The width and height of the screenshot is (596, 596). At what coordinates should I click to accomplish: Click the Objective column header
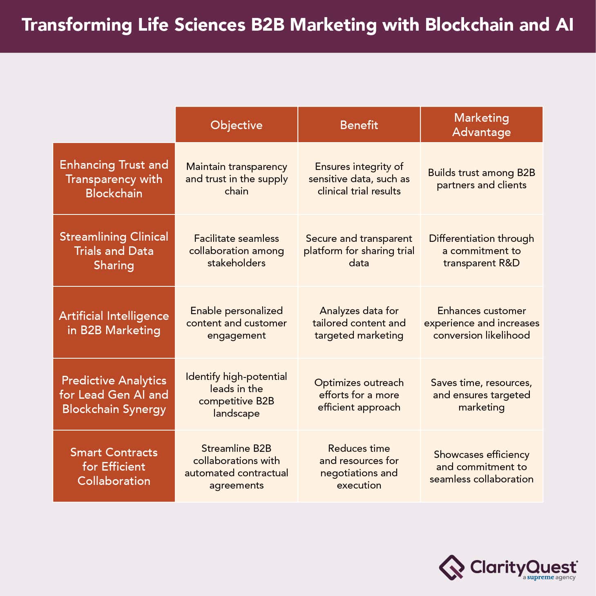click(236, 125)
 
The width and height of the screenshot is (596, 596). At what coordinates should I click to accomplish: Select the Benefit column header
click(359, 125)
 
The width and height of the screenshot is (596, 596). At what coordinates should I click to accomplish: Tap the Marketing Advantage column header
click(482, 125)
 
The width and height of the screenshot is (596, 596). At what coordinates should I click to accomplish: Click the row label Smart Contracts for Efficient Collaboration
click(114, 466)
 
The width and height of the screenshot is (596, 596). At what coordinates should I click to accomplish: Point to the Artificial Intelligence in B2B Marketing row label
click(114, 323)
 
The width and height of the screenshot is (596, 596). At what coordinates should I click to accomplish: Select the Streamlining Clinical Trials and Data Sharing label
click(114, 250)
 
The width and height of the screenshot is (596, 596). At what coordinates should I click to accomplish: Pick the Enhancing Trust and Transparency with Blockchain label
click(114, 179)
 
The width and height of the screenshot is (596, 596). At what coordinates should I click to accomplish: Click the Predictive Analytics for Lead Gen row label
click(114, 394)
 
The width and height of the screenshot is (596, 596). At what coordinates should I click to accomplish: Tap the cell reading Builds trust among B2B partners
click(482, 179)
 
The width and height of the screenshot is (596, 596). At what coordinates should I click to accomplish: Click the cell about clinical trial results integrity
click(359, 179)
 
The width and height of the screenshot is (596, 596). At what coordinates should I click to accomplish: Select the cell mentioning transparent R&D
click(482, 250)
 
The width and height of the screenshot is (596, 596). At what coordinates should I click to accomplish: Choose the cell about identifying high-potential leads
click(236, 394)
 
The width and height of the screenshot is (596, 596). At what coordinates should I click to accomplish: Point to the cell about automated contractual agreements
click(236, 466)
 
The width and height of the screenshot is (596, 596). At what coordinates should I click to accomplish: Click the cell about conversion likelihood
click(482, 323)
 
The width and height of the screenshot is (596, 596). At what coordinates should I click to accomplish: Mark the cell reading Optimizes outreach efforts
click(359, 394)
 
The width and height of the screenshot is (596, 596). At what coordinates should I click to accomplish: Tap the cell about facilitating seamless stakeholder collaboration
click(236, 250)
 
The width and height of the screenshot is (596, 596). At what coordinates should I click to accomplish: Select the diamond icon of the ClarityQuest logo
click(451, 567)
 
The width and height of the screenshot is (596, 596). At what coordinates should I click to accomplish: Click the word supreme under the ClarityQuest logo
click(540, 578)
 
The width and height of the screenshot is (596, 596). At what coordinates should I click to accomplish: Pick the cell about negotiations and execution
click(359, 466)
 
